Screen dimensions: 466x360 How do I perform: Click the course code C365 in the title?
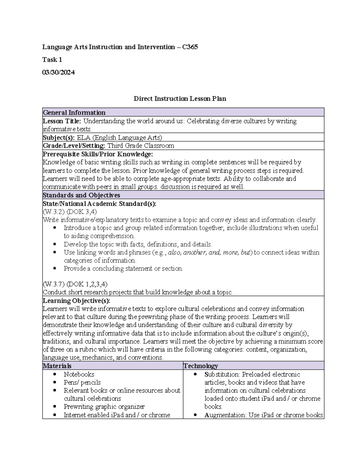[x=190, y=47]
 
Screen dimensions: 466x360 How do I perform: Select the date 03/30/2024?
[x=58, y=73]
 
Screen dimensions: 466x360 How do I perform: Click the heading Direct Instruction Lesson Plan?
[x=180, y=99]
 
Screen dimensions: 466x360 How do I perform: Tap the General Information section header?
[x=74, y=113]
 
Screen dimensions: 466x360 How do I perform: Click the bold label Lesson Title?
[x=62, y=121]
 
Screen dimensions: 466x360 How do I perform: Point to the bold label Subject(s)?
[x=59, y=138]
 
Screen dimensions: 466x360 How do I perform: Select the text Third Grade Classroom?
[x=141, y=146]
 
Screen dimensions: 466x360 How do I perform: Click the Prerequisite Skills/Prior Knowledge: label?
[x=98, y=154]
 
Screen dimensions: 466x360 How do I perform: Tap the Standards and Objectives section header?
[x=81, y=195]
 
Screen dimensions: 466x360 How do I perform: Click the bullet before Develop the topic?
[x=55, y=244]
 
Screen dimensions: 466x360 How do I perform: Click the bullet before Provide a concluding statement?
[x=55, y=269]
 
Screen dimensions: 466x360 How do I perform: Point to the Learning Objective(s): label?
[x=76, y=301]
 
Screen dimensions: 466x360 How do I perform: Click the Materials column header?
[x=57, y=366]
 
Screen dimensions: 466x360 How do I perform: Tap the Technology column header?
[x=201, y=366]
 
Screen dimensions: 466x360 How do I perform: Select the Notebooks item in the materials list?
[x=79, y=374]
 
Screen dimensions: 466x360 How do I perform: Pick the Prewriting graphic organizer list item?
[x=104, y=407]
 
